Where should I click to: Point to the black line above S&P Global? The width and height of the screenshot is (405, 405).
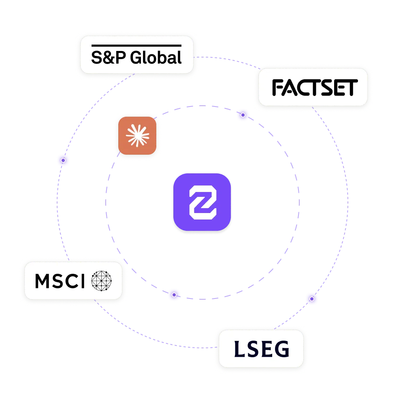coord(136,45)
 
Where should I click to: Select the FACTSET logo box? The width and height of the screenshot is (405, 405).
coord(313,87)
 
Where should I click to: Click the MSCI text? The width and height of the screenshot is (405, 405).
coord(60,280)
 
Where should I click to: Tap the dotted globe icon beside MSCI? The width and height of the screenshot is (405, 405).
coord(101,280)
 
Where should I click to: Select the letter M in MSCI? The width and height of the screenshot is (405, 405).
coord(43,280)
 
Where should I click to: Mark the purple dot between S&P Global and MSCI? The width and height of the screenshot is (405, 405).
coord(63,161)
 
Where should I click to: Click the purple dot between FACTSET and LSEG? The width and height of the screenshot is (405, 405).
coord(311,299)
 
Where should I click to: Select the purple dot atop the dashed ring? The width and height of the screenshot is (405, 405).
coord(243,115)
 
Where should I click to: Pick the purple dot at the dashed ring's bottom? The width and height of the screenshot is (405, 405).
coord(174,295)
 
